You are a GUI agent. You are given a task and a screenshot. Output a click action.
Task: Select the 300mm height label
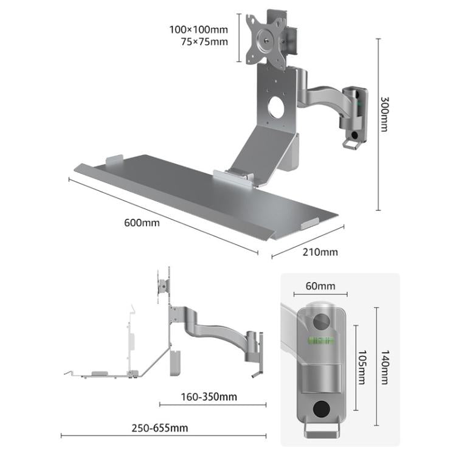click(x=385, y=115)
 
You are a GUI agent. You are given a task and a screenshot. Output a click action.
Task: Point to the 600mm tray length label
click(x=142, y=223)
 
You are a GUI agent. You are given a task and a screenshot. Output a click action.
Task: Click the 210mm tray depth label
click(x=320, y=252)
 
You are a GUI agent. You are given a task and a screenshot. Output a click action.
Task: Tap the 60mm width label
click(x=320, y=286)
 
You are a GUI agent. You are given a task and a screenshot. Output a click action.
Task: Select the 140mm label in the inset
click(x=385, y=367)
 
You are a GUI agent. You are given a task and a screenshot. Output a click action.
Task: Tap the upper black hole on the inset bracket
click(x=320, y=320)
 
